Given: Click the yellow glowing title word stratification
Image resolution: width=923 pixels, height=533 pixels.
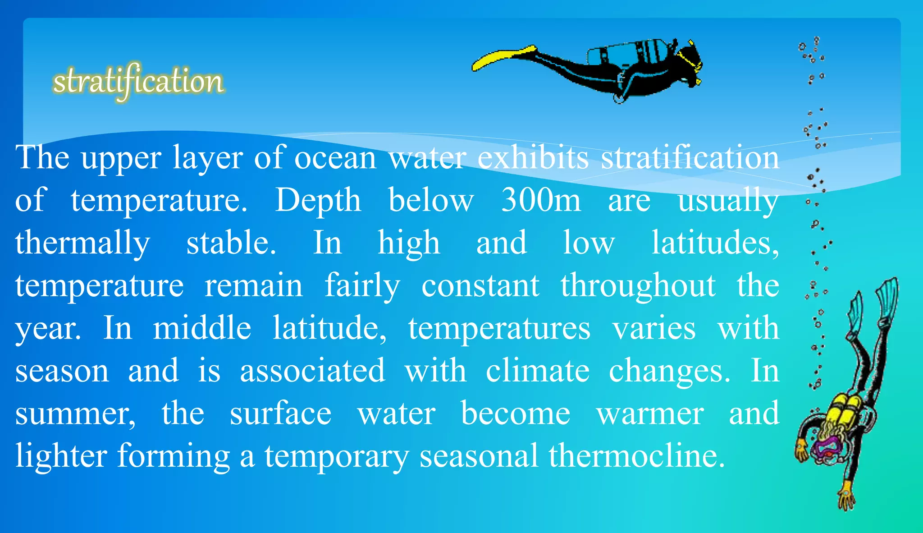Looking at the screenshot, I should pyautogui.click(x=138, y=82).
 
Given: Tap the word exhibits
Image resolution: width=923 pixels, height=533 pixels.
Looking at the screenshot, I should pyautogui.click(x=533, y=158).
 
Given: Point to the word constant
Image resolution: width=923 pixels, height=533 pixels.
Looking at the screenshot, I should pyautogui.click(x=480, y=285).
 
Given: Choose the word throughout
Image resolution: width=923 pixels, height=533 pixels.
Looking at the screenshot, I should pyautogui.click(x=638, y=285).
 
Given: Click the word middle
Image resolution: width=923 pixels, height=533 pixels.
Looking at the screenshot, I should pyautogui.click(x=202, y=328).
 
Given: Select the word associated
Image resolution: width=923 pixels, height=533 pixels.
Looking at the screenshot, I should pyautogui.click(x=312, y=370).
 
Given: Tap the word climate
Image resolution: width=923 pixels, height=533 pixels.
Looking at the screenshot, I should pyautogui.click(x=538, y=370).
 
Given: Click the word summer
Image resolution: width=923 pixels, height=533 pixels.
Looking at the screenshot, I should pyautogui.click(x=75, y=414).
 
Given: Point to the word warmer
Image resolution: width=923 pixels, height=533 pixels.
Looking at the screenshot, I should pyautogui.click(x=650, y=414).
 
